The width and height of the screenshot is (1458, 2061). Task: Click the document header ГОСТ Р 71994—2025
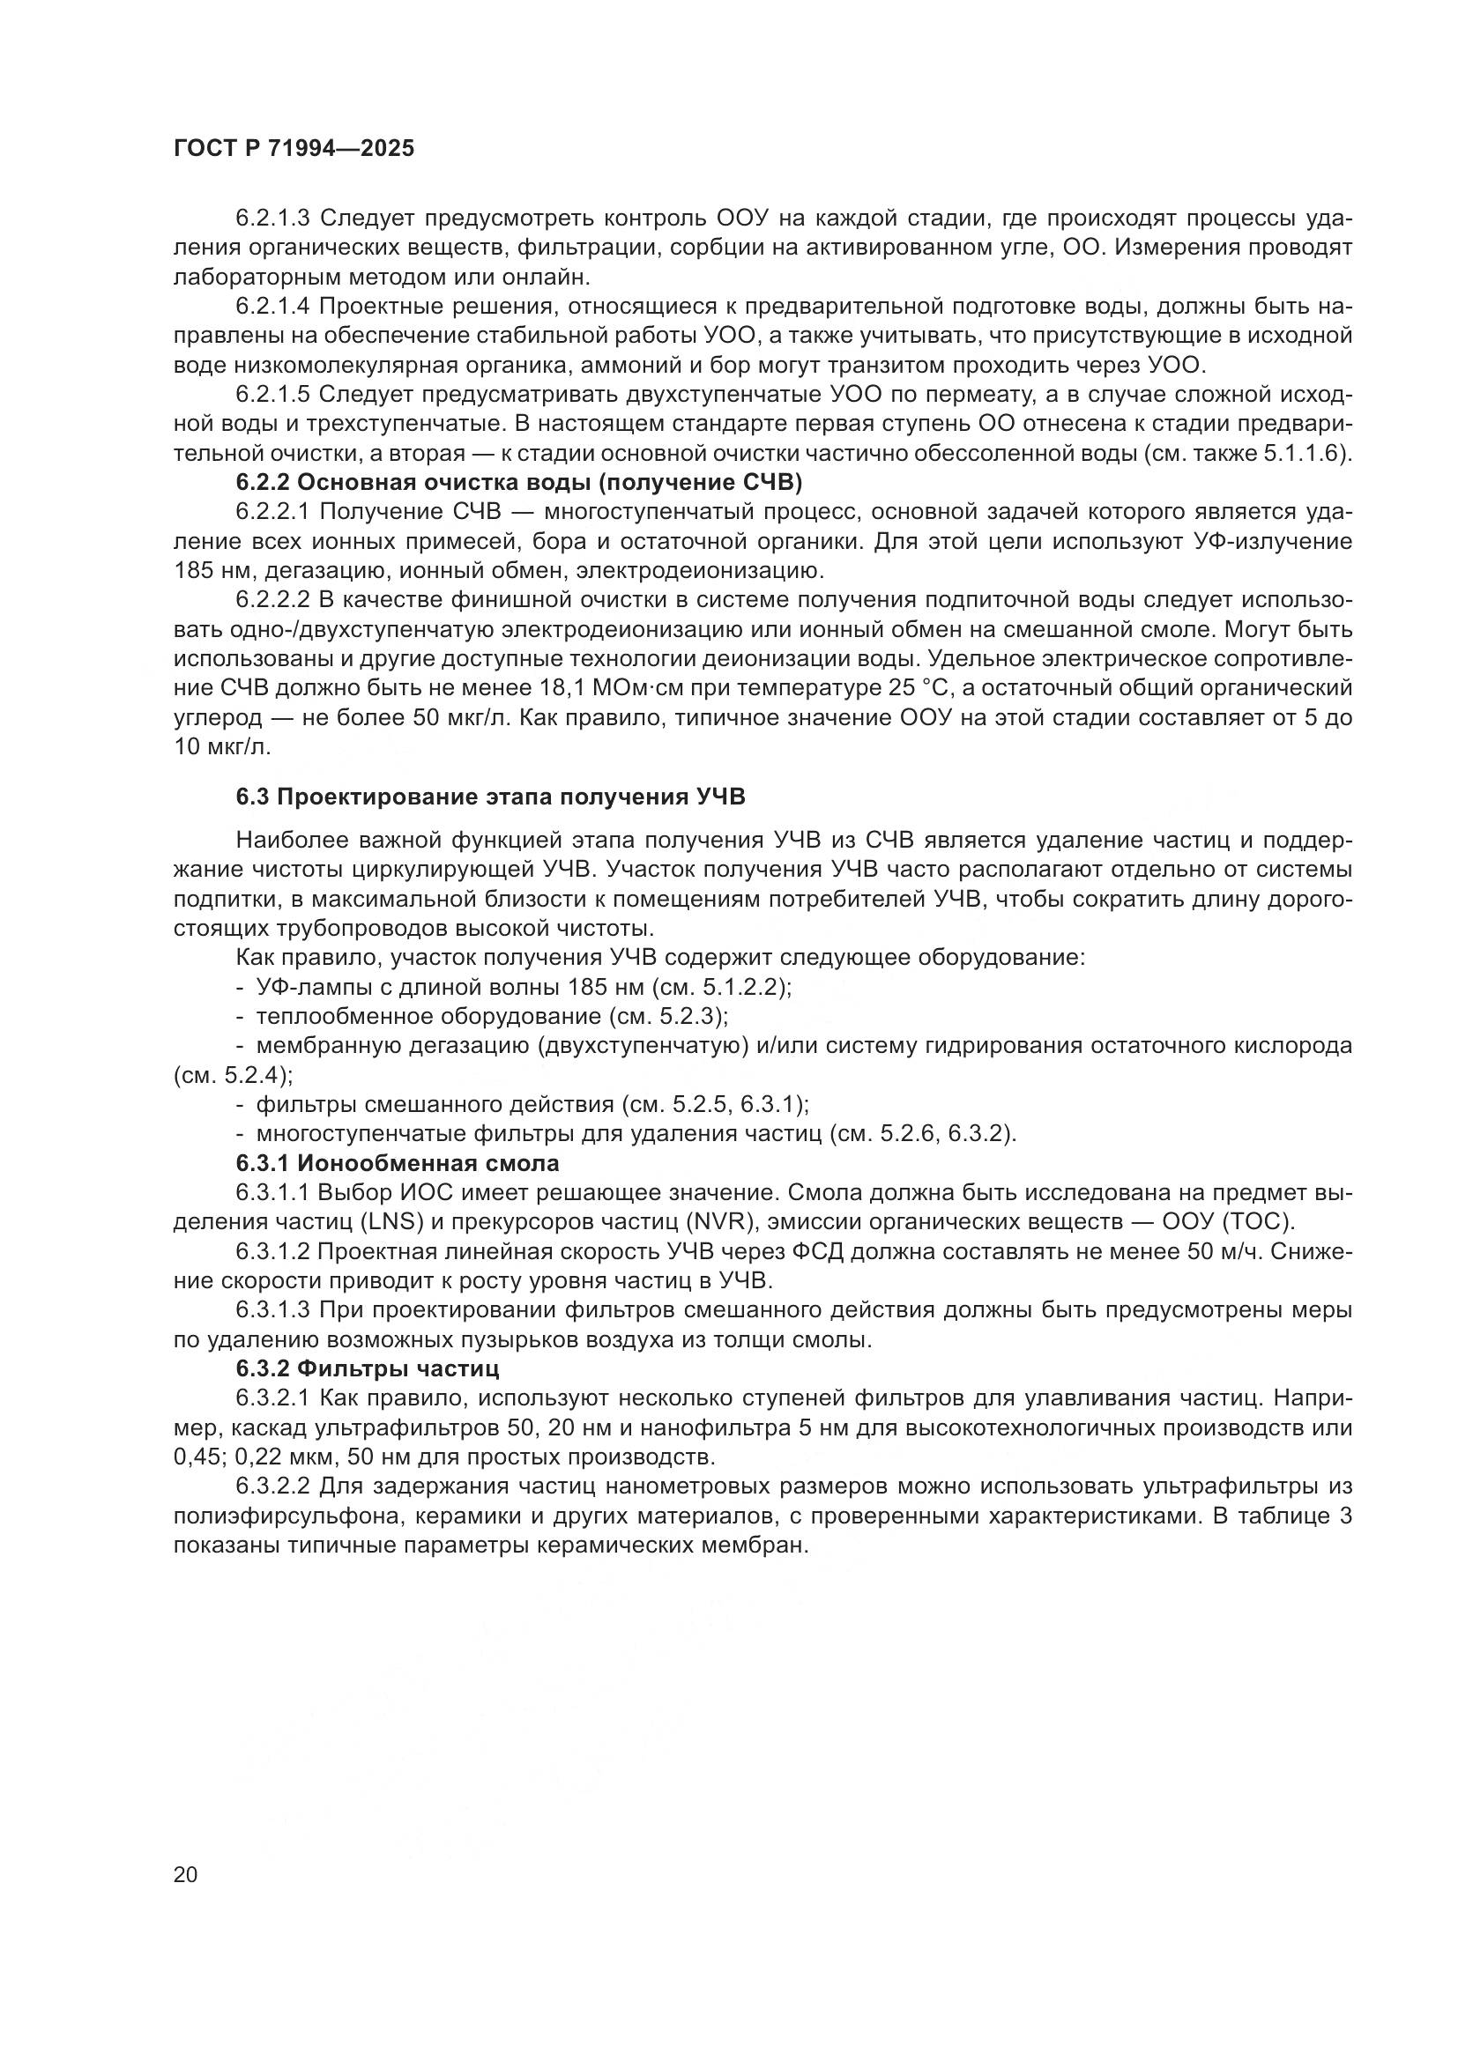coord(294,149)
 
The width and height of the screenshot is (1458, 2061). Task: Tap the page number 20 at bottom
coord(185,1874)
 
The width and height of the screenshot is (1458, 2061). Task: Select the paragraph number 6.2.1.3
coord(273,219)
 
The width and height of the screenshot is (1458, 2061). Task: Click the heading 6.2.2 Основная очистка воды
coord(519,483)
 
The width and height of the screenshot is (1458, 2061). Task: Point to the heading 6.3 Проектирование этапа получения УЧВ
coord(490,797)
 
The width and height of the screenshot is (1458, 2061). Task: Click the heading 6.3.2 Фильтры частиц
coord(368,1369)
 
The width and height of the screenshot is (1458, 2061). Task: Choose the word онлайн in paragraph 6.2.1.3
coord(548,277)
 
